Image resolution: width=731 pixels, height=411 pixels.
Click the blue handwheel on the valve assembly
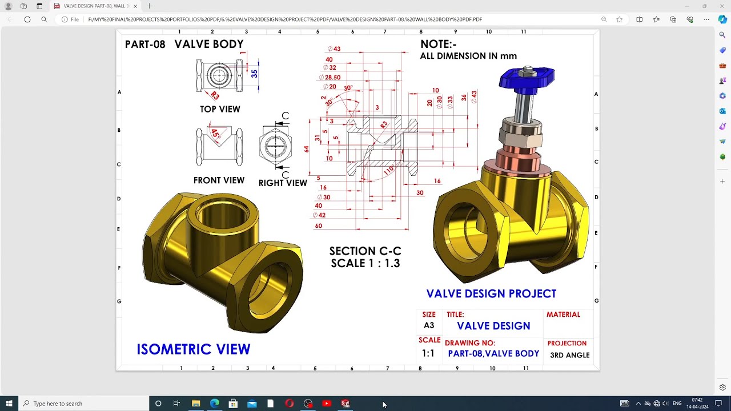(526, 79)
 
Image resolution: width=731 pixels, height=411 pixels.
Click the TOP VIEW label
(220, 109)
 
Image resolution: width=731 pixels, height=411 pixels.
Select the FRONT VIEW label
(219, 180)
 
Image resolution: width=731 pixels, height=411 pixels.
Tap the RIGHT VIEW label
(283, 183)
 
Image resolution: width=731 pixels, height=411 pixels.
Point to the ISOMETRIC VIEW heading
(193, 349)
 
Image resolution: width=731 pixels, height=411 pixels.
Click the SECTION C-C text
(365, 251)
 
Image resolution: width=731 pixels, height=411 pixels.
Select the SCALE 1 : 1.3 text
(365, 264)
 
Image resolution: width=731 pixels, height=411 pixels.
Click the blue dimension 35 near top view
(254, 74)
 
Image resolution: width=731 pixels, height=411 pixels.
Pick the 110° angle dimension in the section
(389, 170)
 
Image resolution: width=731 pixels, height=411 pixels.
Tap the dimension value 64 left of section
(307, 149)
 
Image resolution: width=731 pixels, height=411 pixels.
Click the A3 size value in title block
(429, 325)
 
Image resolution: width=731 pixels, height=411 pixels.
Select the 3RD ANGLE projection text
(569, 355)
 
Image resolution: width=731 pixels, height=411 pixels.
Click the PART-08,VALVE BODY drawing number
(493, 354)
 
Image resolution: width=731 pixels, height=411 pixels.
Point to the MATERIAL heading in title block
(563, 315)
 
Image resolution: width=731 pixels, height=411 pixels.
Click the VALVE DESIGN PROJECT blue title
(491, 294)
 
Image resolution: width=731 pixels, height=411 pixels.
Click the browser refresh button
(27, 19)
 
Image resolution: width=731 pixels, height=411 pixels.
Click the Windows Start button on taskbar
(9, 404)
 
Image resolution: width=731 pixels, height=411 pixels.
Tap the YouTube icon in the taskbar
(327, 404)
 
